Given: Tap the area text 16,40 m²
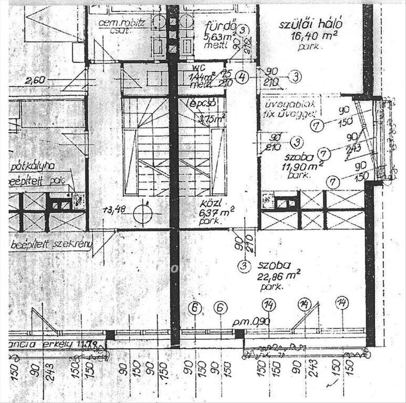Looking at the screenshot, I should [309, 37].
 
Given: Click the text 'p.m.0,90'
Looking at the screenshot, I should [252, 322].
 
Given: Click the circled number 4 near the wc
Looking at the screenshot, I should [242, 78].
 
